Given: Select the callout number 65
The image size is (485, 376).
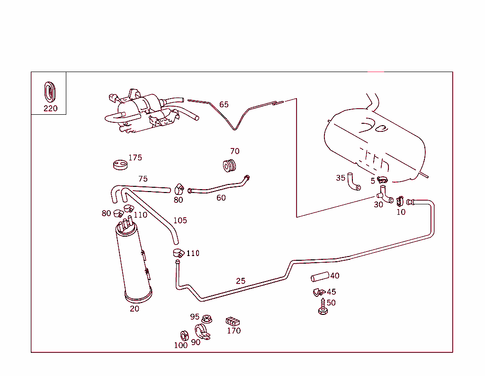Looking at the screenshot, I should [224, 104].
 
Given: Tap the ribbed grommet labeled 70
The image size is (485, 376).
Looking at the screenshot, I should [231, 166].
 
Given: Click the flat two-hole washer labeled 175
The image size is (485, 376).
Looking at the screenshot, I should [120, 165].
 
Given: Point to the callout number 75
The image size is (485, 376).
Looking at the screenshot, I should [143, 179].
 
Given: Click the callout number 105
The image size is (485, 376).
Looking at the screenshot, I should [180, 220].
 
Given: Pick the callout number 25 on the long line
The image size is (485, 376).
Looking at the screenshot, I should [241, 281].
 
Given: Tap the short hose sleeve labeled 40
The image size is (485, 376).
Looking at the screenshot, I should [320, 277].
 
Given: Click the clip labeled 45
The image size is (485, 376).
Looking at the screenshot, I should [318, 292].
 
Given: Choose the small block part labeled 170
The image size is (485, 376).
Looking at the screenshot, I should [232, 321].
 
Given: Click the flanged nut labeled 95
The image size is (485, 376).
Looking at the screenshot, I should [206, 319].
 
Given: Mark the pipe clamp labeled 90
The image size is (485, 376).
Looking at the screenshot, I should [202, 332].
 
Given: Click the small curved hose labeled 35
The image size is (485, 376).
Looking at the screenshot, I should [353, 181].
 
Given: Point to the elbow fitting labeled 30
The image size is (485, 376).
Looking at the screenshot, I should [385, 195].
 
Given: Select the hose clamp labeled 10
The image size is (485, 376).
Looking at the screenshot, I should [400, 201].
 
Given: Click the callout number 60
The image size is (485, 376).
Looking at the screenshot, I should [221, 198].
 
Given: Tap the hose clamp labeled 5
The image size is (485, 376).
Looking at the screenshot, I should [382, 180].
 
